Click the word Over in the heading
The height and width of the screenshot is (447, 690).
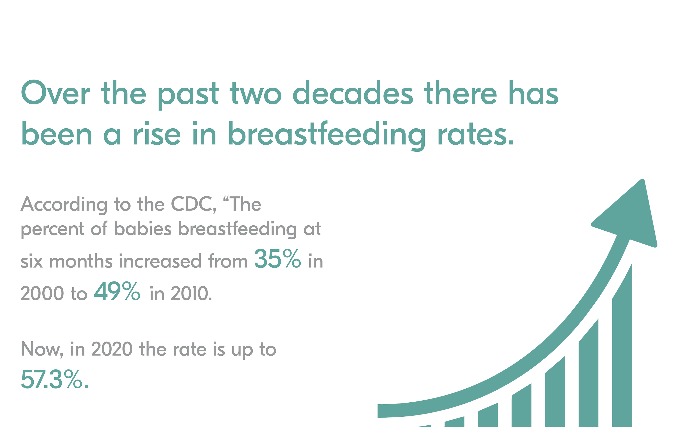pos(56,92)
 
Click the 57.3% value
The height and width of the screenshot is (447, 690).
pos(54,379)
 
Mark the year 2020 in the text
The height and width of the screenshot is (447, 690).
pos(112,349)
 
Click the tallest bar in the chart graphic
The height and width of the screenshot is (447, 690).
pos(622,345)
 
